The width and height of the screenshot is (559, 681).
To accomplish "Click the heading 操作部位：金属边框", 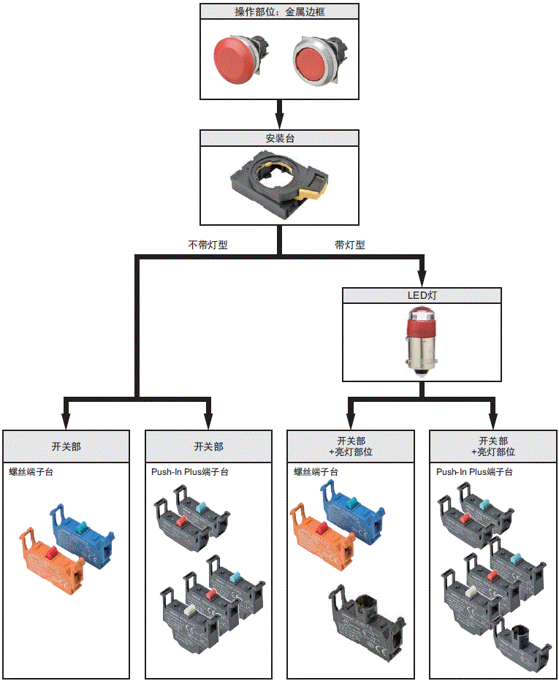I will tap(280, 11).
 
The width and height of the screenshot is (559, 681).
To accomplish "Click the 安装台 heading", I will tap(280, 138).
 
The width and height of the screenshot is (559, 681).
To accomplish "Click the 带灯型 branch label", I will tap(349, 245).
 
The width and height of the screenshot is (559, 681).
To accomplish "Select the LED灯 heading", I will tap(422, 296).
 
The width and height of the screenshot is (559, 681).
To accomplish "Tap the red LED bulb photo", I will tap(422, 340).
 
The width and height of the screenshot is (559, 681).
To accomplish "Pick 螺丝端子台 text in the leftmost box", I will tap(31, 472).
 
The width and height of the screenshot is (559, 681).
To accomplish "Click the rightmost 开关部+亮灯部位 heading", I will tap(493, 446).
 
